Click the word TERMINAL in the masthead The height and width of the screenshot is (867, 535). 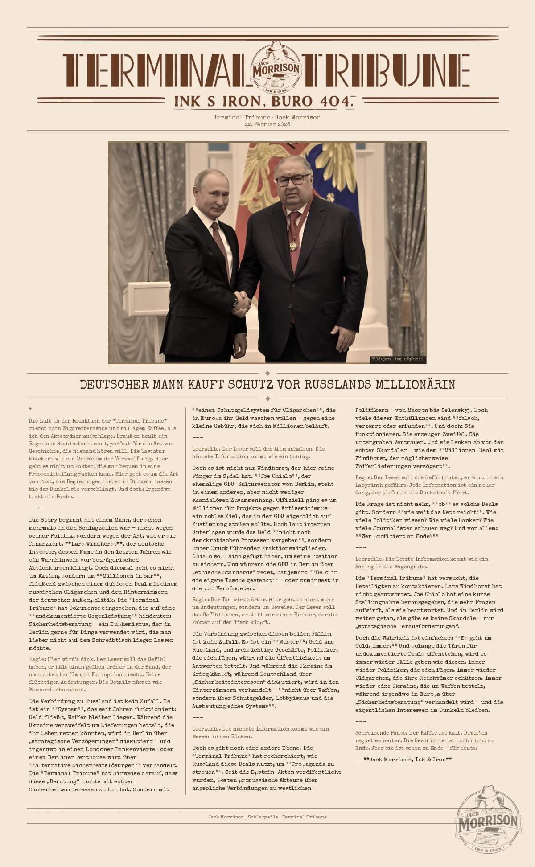156,70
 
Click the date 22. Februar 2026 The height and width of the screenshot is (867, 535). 267,124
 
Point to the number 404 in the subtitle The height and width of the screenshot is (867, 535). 335,102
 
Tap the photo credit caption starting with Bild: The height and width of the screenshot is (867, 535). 397,359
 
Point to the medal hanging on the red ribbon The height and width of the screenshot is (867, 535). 293,245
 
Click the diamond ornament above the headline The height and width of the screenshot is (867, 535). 267,373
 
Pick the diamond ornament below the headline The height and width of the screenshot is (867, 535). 267,399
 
